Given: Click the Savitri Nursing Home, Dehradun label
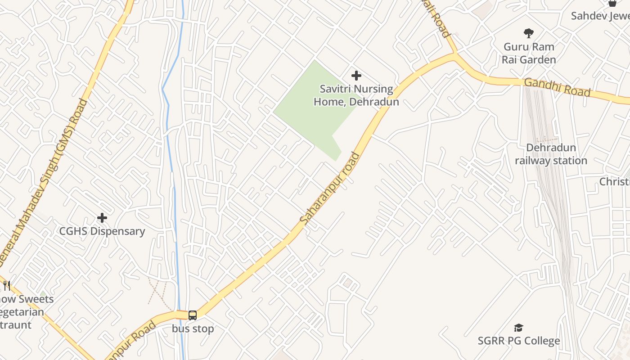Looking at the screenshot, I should tap(356, 95).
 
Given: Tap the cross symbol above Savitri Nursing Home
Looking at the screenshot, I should tap(356, 76).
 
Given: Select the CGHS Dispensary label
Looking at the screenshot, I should tap(102, 231).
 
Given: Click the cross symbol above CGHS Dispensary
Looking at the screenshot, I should tap(102, 218).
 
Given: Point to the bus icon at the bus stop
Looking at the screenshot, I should tap(193, 315).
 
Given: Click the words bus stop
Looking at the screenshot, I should tap(193, 329).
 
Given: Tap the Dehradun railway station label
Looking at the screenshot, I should tap(551, 154).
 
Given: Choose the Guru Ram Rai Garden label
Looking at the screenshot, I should tap(529, 53).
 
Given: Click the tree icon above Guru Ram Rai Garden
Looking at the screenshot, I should tap(529, 33).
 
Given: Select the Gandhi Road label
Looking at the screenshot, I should tap(557, 87).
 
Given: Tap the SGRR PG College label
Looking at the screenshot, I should tap(519, 341).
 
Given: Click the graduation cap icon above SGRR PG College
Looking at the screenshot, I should tap(519, 328).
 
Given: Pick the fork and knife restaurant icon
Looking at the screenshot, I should tap(7, 286).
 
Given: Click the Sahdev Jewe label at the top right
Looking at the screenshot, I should tap(600, 16).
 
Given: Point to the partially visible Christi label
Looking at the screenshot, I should tap(615, 181).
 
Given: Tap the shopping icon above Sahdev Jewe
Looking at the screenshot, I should tap(612, 3).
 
